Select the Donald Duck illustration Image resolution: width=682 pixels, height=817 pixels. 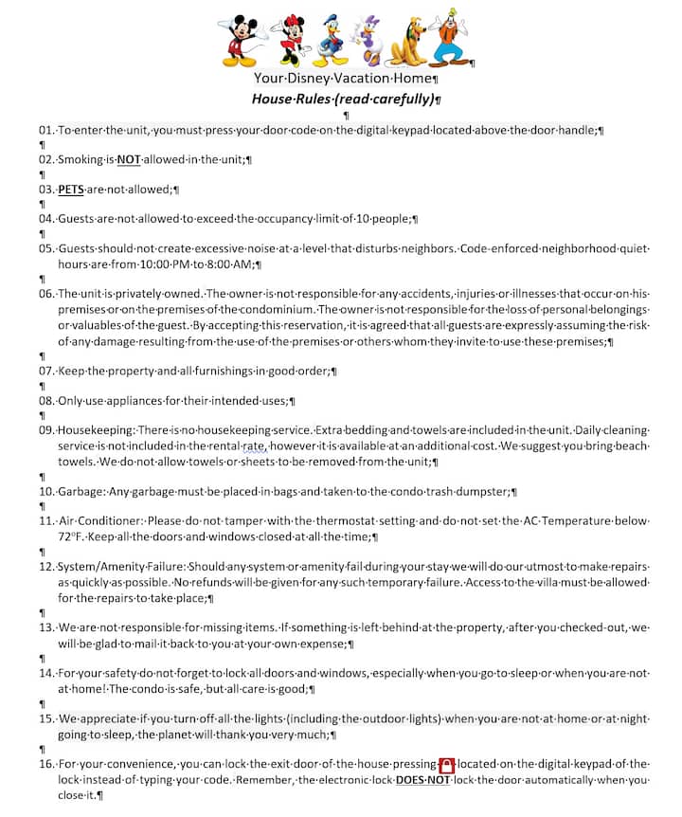[x=332, y=38]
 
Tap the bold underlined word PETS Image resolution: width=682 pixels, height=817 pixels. [x=71, y=189]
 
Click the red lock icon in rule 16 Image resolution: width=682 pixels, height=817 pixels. [x=447, y=764]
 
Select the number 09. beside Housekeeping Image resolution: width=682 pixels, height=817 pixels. [x=46, y=430]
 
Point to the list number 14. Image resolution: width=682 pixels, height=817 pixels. [x=46, y=673]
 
